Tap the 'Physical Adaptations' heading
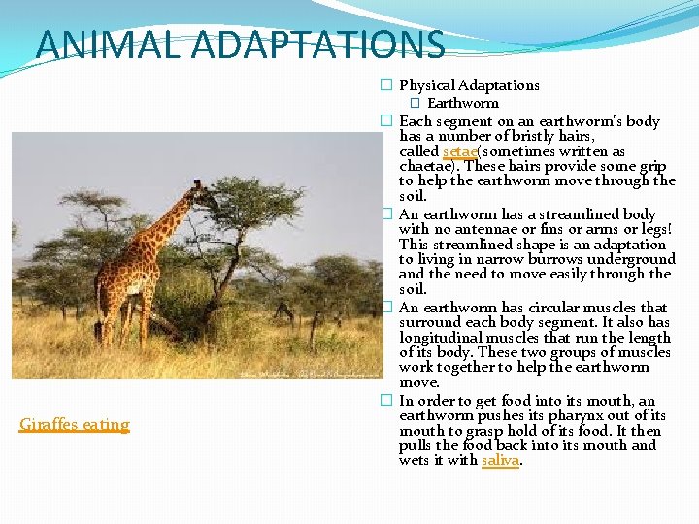[469, 85]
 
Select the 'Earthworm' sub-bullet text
[463, 103]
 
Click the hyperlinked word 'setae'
[459, 151]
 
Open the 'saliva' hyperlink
[501, 460]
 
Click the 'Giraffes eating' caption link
[75, 424]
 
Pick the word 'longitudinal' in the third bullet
[440, 338]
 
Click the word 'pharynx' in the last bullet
[578, 415]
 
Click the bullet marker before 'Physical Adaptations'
[385, 86]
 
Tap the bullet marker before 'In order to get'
[385, 401]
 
